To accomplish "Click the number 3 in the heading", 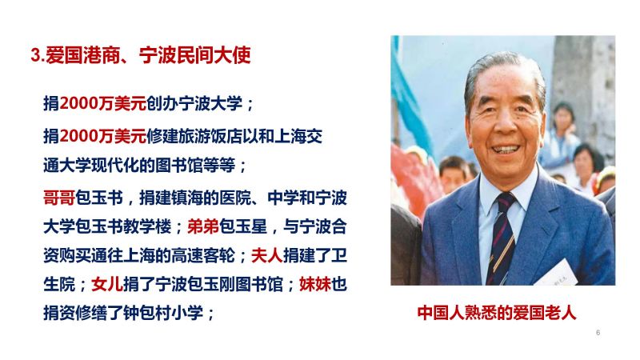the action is (x=35, y=56).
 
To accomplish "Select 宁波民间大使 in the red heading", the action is (x=195, y=55).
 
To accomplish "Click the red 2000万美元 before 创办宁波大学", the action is (x=103, y=103).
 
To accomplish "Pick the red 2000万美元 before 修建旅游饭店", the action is (x=103, y=136).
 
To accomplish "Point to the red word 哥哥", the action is (x=59, y=198).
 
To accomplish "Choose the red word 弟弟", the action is (x=203, y=226).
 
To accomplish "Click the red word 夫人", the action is (x=267, y=255).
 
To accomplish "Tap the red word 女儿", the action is (x=107, y=284).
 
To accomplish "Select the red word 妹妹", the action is (x=315, y=284).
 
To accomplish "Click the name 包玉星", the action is (x=243, y=226).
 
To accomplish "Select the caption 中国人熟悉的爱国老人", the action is (x=497, y=313).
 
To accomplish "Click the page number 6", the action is (x=598, y=333).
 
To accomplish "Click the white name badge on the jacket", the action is (x=556, y=274).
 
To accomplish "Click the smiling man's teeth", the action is (x=506, y=150).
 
